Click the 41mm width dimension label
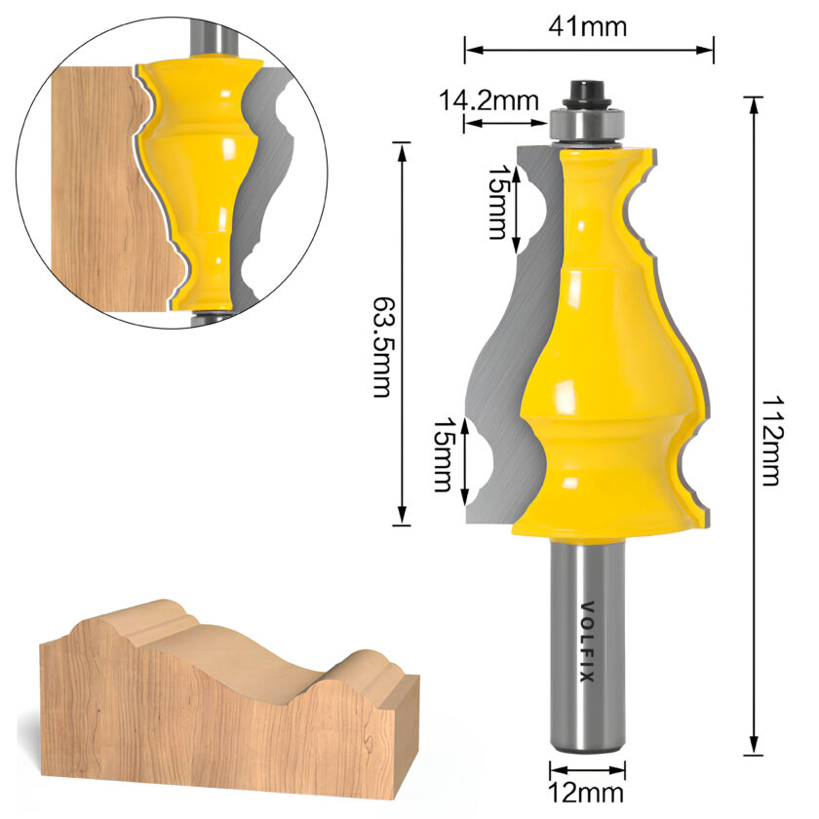(x=588, y=26)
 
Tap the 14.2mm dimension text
(x=488, y=100)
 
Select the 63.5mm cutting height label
(x=382, y=348)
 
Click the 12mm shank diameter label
(x=586, y=793)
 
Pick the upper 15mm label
(x=497, y=203)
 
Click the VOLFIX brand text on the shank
(x=588, y=642)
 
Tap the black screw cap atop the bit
(x=587, y=92)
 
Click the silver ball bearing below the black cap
(x=587, y=125)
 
